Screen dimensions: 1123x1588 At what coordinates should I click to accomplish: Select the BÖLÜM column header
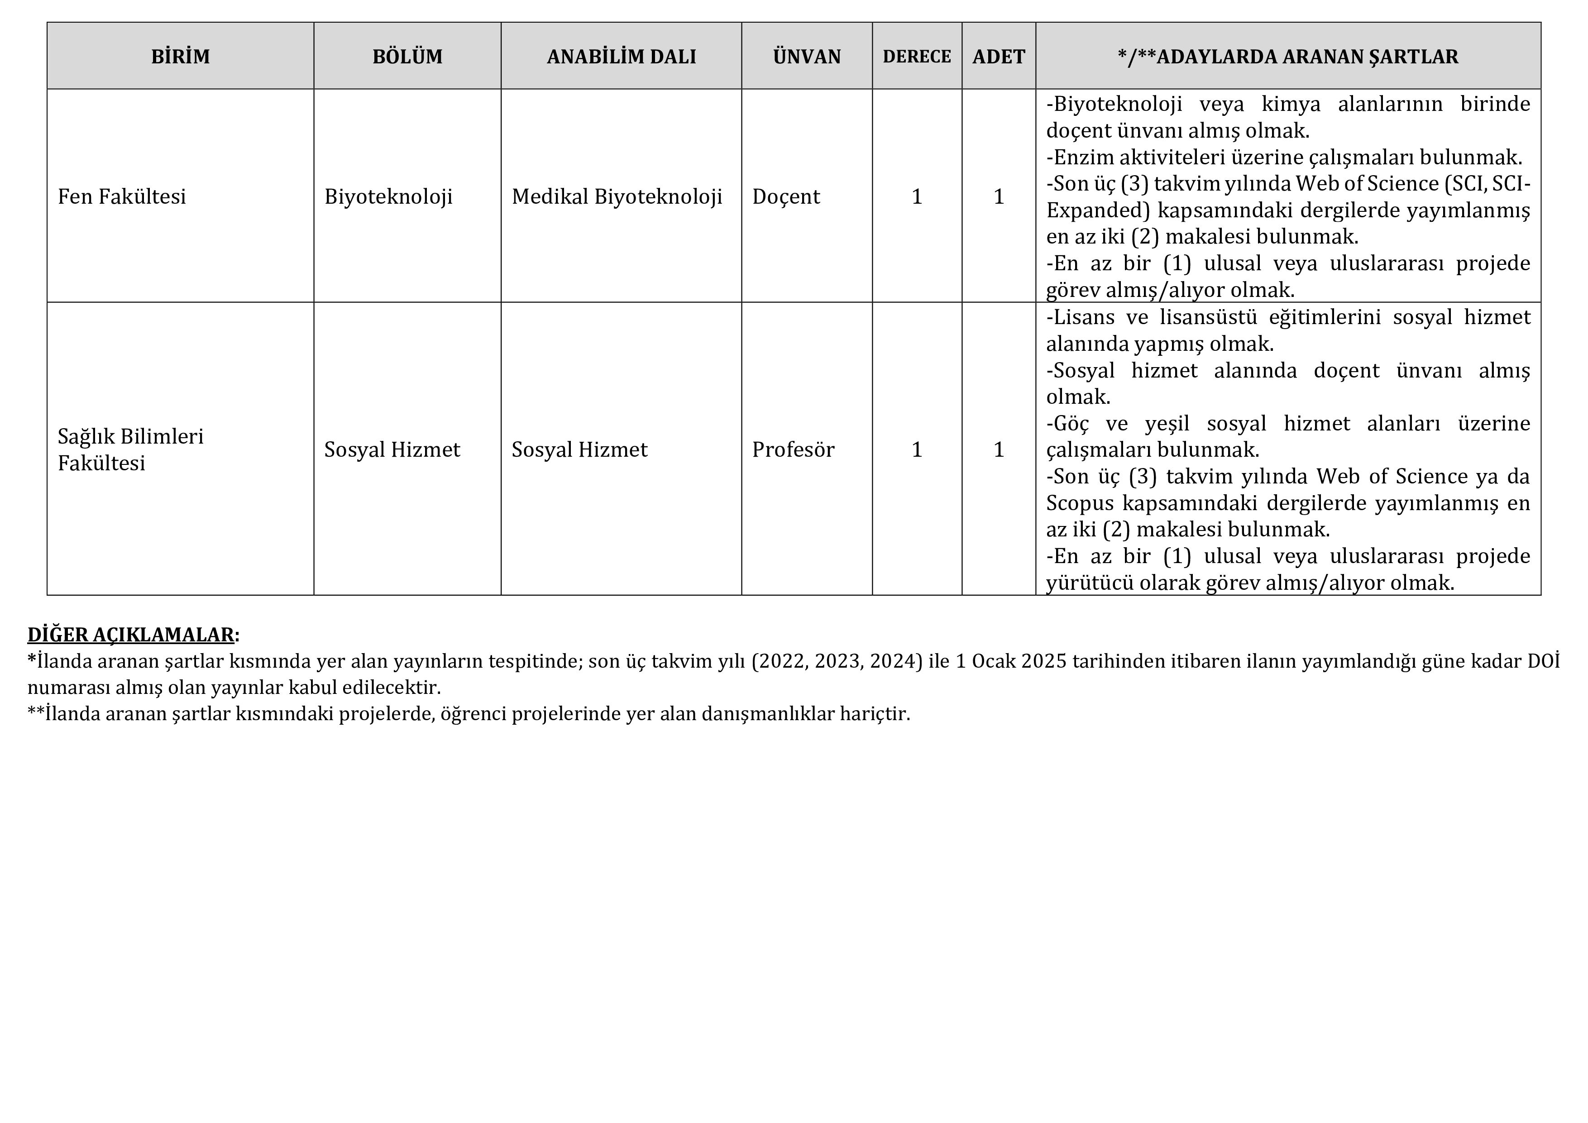(x=407, y=57)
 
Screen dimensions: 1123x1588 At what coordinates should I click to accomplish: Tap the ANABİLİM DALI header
(x=621, y=57)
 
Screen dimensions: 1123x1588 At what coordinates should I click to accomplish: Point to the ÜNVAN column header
(x=807, y=57)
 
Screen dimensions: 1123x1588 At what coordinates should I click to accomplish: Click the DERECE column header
(x=916, y=57)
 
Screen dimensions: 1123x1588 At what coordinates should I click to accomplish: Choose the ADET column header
(x=998, y=57)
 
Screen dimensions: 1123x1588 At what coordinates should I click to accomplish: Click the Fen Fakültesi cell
(x=122, y=197)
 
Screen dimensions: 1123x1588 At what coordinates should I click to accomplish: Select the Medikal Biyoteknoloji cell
(x=617, y=197)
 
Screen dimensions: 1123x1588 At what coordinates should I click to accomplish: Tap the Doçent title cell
(x=786, y=197)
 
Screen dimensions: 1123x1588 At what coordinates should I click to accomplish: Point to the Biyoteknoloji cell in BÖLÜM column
(x=388, y=197)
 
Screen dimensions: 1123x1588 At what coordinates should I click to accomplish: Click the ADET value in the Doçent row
(x=998, y=197)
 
